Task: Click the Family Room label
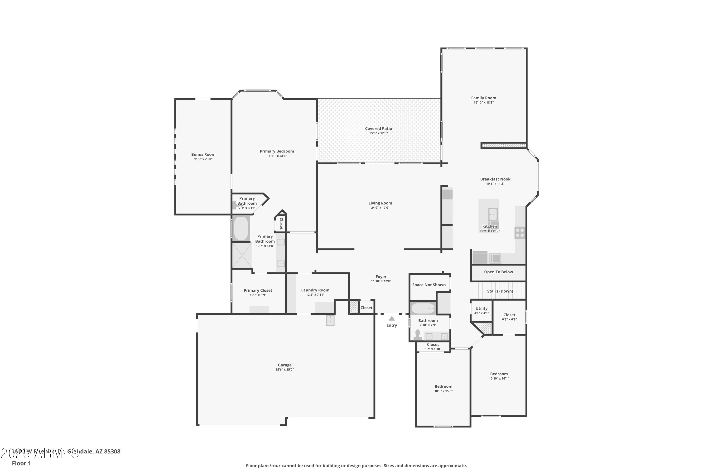(x=483, y=98)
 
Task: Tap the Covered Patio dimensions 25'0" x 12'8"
(x=378, y=133)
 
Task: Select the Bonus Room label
(x=203, y=155)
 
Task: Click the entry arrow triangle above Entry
(x=392, y=318)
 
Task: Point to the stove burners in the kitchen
(x=520, y=233)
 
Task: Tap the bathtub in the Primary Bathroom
(x=241, y=228)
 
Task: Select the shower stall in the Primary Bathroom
(x=242, y=255)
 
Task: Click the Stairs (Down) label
(x=500, y=291)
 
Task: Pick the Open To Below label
(x=498, y=272)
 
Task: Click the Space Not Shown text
(x=429, y=285)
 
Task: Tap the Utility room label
(x=482, y=308)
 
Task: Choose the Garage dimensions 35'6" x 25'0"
(x=284, y=370)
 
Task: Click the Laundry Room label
(x=315, y=290)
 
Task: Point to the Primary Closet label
(x=258, y=290)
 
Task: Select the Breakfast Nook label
(x=495, y=179)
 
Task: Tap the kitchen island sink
(x=493, y=214)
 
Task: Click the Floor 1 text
(x=21, y=463)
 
